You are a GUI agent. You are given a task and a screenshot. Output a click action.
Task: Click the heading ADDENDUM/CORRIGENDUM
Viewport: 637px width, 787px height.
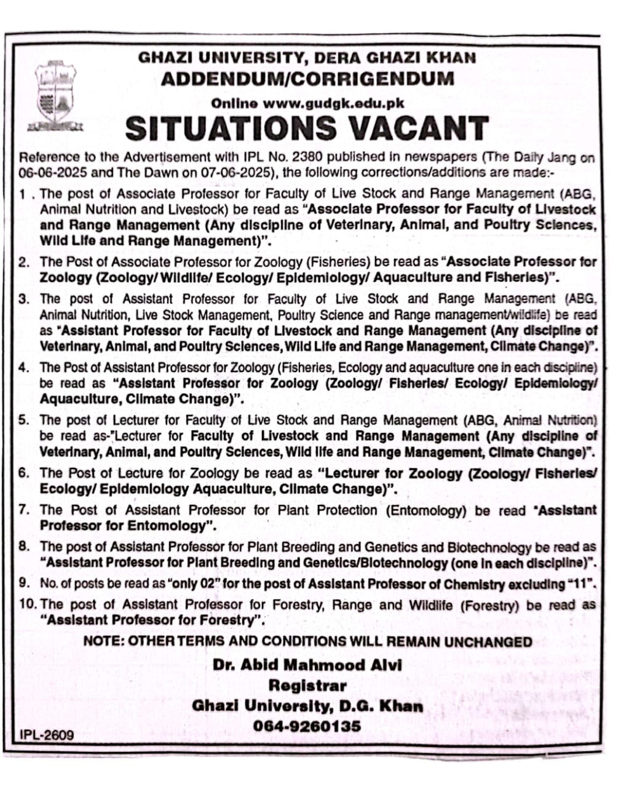pyautogui.click(x=307, y=79)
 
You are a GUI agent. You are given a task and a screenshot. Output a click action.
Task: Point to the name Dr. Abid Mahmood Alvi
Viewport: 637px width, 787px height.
pyautogui.click(x=307, y=665)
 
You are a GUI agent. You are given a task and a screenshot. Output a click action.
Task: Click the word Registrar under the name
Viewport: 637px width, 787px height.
pyautogui.click(x=307, y=685)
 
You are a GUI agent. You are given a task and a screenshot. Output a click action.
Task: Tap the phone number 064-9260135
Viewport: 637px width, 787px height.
pyautogui.click(x=307, y=726)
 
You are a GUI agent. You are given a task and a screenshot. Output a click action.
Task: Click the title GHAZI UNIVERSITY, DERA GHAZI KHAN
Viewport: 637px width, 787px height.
pyautogui.click(x=307, y=58)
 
